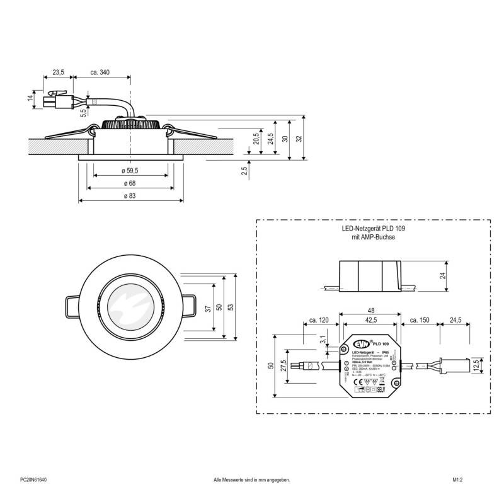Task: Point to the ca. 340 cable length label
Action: tap(100, 73)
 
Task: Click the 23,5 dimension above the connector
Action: tap(58, 73)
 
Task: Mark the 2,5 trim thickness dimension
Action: tap(244, 170)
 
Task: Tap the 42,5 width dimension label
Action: tap(370, 321)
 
